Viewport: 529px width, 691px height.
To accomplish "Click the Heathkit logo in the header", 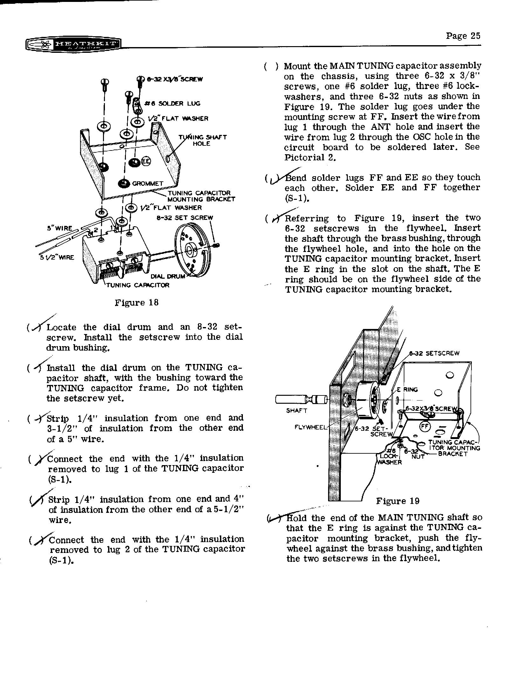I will (73, 45).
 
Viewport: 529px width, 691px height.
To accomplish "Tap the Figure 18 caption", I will (136, 302).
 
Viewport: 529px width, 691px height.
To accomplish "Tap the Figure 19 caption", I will (398, 501).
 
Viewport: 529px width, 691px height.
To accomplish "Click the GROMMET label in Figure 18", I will (148, 184).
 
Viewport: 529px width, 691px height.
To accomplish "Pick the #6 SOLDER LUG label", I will (172, 103).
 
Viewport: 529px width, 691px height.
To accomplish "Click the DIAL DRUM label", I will (172, 276).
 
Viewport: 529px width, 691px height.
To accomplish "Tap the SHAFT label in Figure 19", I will (297, 410).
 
